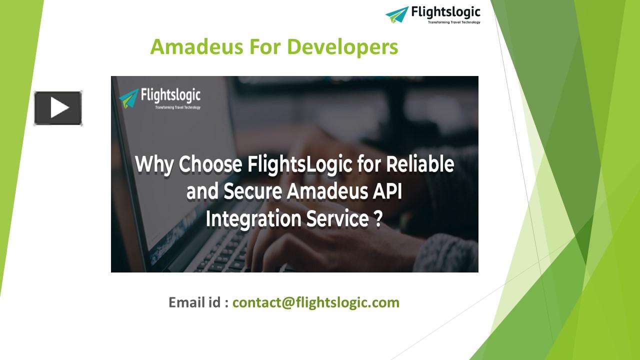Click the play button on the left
[x=58, y=108]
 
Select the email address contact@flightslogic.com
[x=316, y=302]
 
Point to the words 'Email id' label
[x=195, y=302]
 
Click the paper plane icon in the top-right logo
[x=397, y=14]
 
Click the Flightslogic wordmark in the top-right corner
[x=445, y=12]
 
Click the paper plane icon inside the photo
[x=129, y=98]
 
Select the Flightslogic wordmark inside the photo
[x=170, y=94]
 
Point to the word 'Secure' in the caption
[x=256, y=192]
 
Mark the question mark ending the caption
[x=378, y=219]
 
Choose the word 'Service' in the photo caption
[x=336, y=219]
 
